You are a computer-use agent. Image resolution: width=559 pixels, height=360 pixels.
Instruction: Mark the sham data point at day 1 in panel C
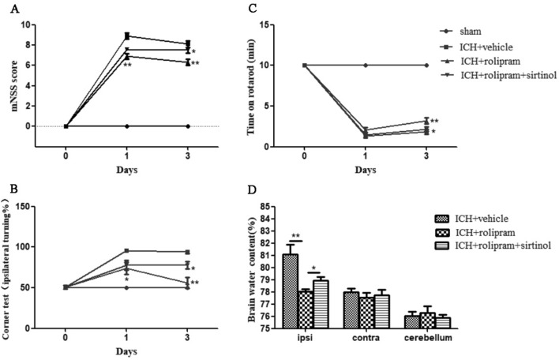[x=365, y=65]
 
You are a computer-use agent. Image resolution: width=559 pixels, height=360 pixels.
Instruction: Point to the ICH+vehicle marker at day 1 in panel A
[x=126, y=36]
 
